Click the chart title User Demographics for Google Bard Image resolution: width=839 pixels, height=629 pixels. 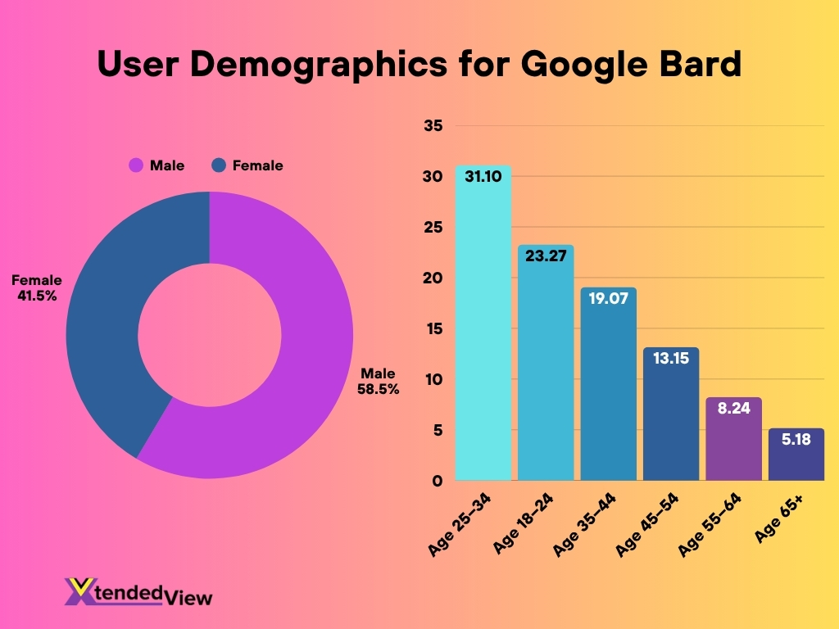pyautogui.click(x=419, y=64)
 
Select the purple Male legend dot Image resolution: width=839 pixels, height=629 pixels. pyautogui.click(x=136, y=165)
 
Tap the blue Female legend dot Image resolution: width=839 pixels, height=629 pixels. pyautogui.click(x=219, y=165)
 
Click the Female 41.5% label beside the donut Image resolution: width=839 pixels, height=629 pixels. pyautogui.click(x=36, y=288)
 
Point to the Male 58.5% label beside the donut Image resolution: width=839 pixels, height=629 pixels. pyautogui.click(x=378, y=382)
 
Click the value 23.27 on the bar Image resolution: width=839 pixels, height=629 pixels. pyautogui.click(x=546, y=256)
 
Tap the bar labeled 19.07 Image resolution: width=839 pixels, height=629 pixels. pyautogui.click(x=609, y=385)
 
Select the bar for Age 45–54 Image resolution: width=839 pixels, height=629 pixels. pyautogui.click(x=671, y=418)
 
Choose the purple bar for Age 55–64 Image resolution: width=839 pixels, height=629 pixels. pyautogui.click(x=733, y=442)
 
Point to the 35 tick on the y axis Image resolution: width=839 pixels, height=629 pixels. pyautogui.click(x=433, y=126)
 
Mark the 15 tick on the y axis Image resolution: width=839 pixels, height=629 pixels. pyautogui.click(x=433, y=328)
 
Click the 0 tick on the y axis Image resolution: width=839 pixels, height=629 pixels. pyautogui.click(x=438, y=481)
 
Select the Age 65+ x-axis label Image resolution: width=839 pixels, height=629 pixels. pyautogui.click(x=778, y=518)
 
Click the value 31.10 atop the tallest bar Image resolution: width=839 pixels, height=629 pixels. pyautogui.click(x=483, y=176)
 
